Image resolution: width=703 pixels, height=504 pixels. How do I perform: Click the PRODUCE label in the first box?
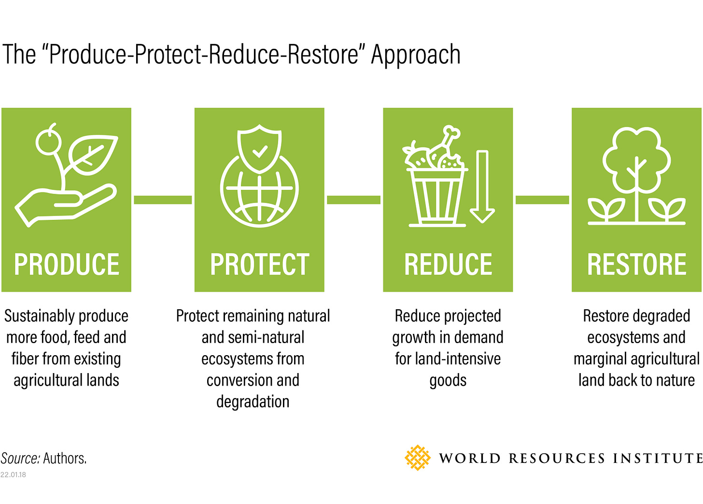[x=67, y=264]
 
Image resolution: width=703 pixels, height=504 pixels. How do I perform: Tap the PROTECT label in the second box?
[x=259, y=264]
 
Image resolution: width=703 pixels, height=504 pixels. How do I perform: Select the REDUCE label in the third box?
[x=448, y=264]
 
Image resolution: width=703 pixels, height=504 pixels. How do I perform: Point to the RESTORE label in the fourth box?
[x=636, y=264]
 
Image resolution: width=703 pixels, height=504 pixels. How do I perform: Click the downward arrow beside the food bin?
[x=482, y=186]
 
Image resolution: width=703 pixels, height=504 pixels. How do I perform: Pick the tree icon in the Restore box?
[x=636, y=164]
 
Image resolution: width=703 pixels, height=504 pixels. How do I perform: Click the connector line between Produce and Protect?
[x=163, y=200]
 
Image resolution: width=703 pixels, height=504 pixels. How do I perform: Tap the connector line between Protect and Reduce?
[x=353, y=200]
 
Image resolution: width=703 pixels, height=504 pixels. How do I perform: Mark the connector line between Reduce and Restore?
[x=542, y=200]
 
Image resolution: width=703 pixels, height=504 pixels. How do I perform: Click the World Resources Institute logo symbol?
[x=417, y=458]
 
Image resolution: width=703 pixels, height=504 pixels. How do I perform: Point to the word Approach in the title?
[x=416, y=54]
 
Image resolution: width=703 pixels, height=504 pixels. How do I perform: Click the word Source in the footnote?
[x=20, y=458]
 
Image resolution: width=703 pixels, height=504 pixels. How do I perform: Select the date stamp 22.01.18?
[x=13, y=475]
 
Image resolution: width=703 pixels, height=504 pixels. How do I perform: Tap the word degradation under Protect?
[x=253, y=402]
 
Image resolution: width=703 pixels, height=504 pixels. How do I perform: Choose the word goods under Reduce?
[x=448, y=380]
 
